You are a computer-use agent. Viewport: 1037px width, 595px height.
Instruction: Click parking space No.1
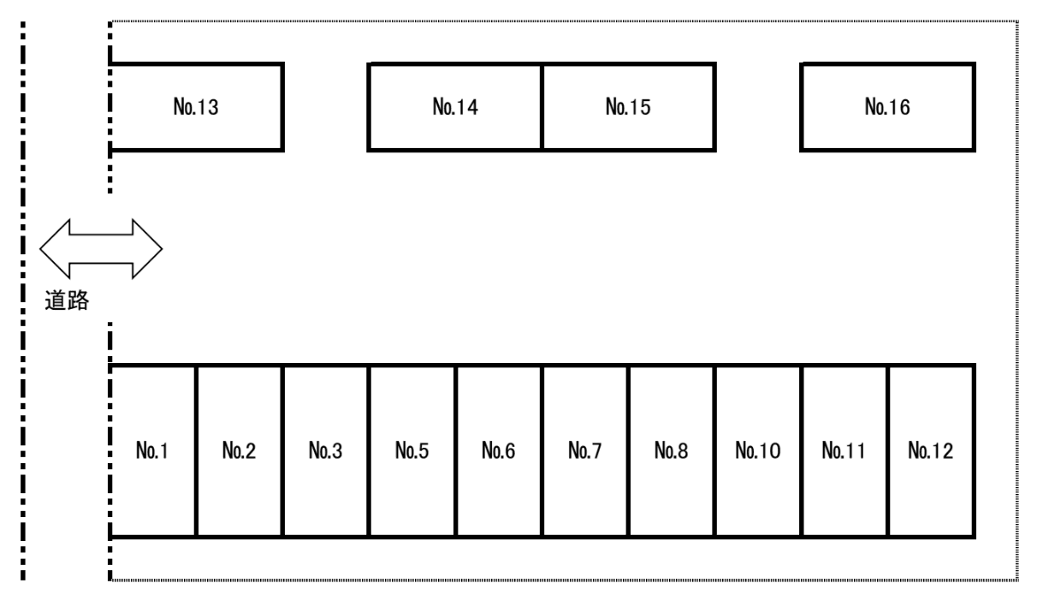point(153,451)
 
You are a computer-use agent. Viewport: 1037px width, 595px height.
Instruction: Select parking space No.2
point(240,451)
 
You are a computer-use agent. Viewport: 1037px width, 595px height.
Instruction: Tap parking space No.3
point(326,451)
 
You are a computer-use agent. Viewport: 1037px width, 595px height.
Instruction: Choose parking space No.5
point(412,451)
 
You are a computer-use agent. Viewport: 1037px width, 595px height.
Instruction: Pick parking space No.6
point(499,451)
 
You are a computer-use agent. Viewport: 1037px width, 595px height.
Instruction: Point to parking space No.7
point(585,451)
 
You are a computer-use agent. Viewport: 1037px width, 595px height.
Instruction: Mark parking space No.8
point(672,451)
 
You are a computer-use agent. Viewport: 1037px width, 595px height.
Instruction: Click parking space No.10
point(758,451)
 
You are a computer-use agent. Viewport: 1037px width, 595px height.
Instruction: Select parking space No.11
point(844,451)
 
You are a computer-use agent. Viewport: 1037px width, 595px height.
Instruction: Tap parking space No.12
point(932,451)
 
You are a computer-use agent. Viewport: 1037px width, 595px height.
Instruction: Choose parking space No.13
point(196,107)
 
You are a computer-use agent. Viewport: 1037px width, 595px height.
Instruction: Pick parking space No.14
point(455,107)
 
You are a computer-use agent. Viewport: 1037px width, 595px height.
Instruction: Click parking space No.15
point(629,107)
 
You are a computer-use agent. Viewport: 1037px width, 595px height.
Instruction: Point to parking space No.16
point(888,107)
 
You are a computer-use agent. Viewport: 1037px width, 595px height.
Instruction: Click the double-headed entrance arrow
point(101,249)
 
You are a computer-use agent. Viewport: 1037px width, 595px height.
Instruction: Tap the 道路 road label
point(67,300)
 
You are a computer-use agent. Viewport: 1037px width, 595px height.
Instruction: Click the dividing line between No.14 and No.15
point(542,107)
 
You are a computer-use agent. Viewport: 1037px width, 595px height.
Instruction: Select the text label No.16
point(887,107)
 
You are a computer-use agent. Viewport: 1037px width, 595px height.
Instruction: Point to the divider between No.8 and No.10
point(715,451)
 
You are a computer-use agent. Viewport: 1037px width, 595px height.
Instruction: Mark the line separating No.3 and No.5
point(369,451)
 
